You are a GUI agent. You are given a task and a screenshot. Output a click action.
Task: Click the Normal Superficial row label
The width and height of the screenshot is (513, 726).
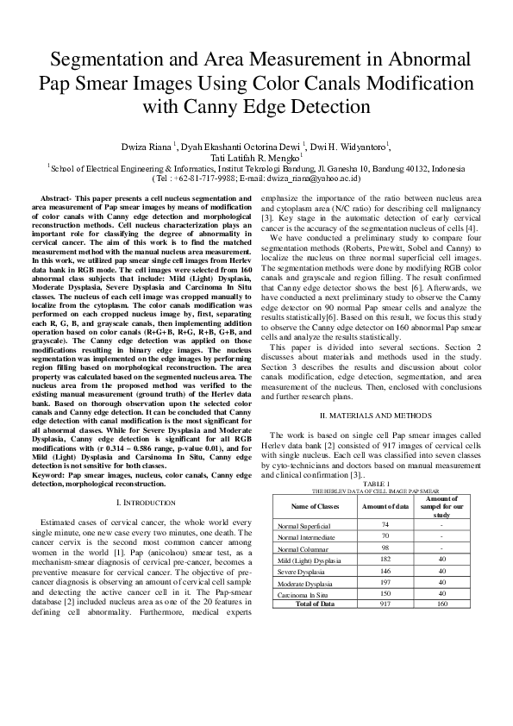[304, 525]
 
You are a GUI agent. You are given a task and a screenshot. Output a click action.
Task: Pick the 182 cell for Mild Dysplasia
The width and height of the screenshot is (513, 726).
[385, 560]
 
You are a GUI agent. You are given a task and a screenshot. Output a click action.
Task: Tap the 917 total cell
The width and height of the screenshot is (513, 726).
[385, 604]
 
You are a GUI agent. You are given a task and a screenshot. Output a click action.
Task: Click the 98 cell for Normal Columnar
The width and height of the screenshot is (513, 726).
[385, 548]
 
